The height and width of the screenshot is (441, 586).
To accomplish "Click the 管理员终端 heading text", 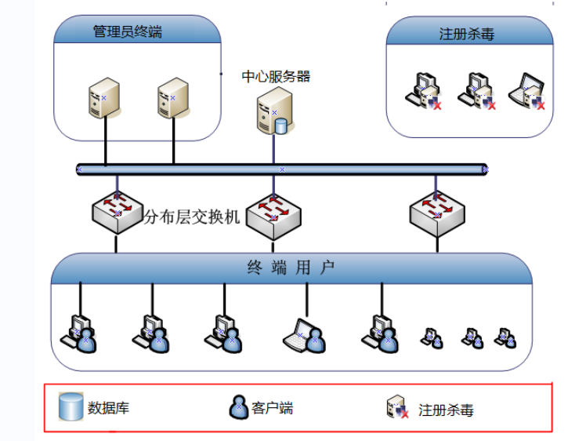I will click(x=128, y=32).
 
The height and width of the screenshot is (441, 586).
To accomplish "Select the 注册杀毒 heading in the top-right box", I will click(x=467, y=35).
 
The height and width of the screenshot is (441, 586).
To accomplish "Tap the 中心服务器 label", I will click(x=276, y=76).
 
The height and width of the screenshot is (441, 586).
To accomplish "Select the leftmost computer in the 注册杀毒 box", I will click(x=423, y=90).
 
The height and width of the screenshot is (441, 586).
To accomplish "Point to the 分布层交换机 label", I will click(x=192, y=217).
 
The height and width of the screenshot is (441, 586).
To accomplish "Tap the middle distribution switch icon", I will click(x=273, y=213).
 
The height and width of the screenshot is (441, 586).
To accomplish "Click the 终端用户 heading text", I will click(x=291, y=268).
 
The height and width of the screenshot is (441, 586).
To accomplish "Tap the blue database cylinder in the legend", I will click(x=71, y=406).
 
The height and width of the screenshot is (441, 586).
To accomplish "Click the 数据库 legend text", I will click(x=108, y=408).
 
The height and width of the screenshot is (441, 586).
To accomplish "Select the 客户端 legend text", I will click(x=273, y=408).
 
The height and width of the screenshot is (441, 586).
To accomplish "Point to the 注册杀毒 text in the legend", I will click(x=446, y=410).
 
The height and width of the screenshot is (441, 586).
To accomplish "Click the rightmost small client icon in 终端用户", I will click(x=505, y=337).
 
